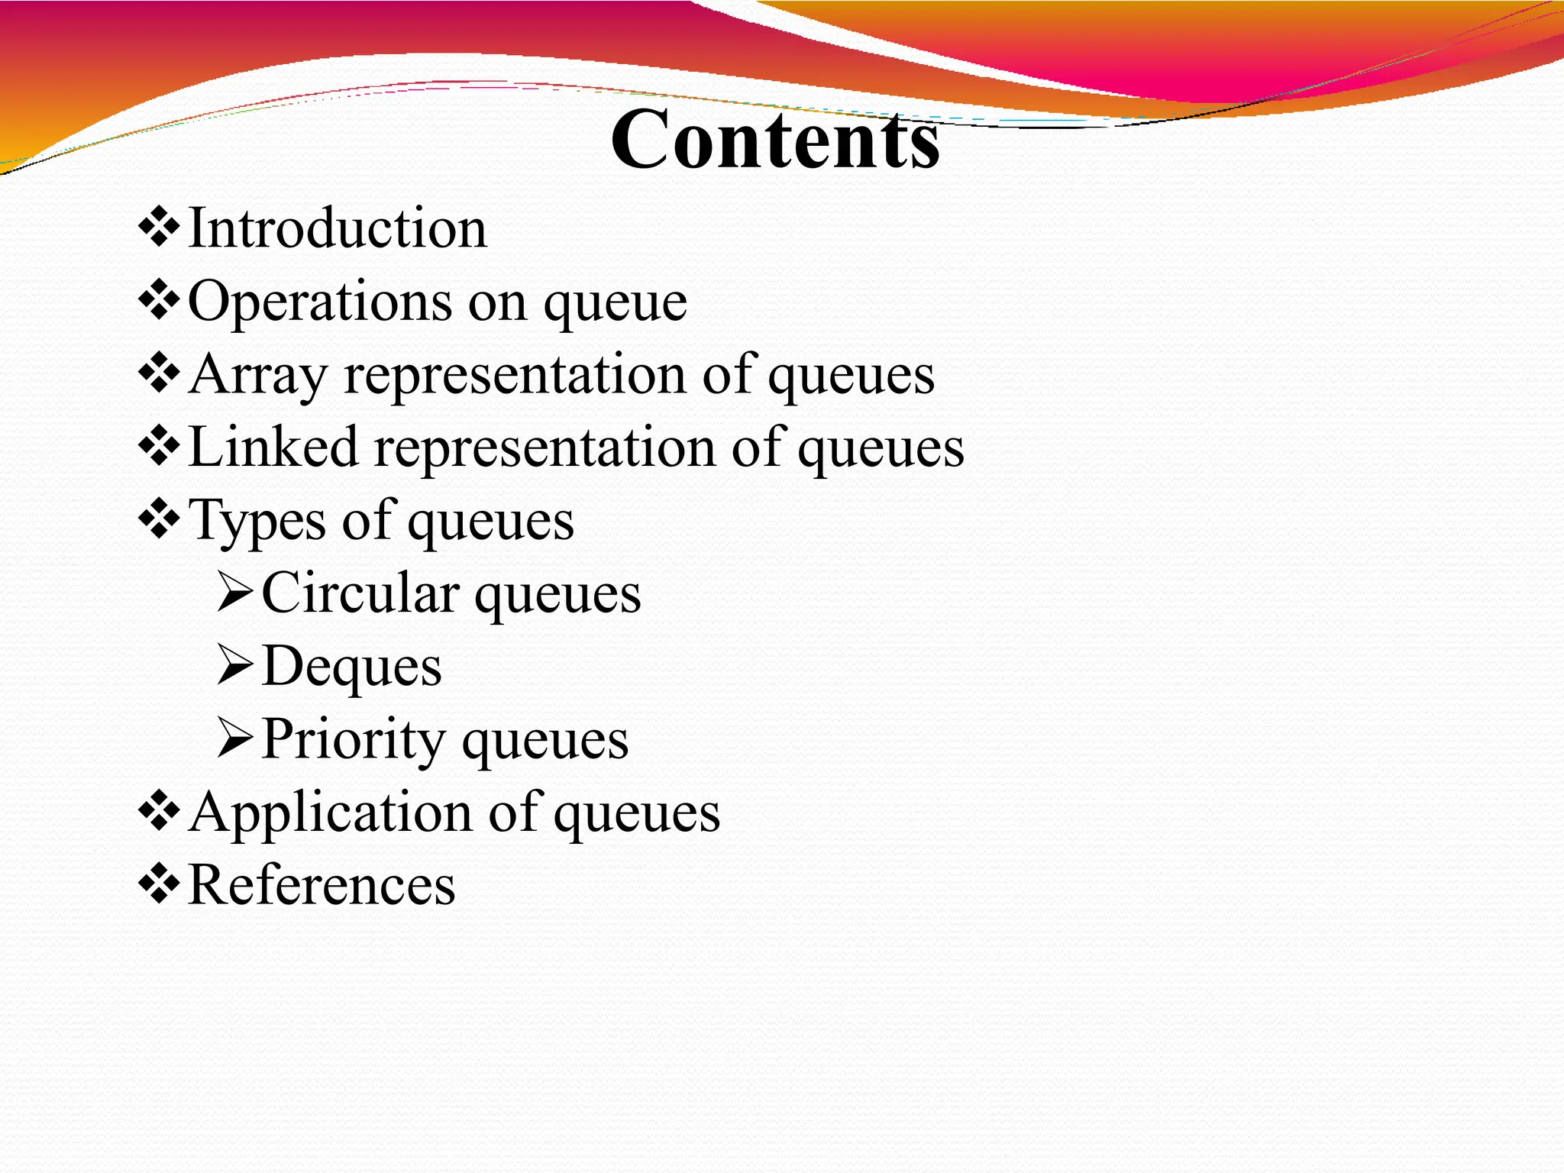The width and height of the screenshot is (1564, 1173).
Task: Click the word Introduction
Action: coord(337,228)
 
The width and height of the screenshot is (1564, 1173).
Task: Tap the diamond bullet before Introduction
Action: coord(159,228)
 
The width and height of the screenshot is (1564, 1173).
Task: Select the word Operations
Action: coord(320,302)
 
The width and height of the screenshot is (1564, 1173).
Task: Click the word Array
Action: coord(258,375)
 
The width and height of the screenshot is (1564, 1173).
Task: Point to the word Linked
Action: coord(273,448)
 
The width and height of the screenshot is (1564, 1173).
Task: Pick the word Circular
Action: coord(360,593)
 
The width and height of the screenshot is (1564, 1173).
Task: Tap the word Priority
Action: coord(354,740)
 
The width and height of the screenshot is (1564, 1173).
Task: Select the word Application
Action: coord(331,813)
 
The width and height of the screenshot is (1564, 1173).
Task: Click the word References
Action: coord(322,885)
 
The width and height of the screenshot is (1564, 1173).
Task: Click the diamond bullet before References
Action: coord(159,884)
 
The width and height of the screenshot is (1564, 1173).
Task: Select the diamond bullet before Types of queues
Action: coord(159,519)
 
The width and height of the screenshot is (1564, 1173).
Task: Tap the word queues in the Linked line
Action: coord(881,449)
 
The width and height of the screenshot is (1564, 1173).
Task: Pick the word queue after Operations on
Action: coord(615,304)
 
